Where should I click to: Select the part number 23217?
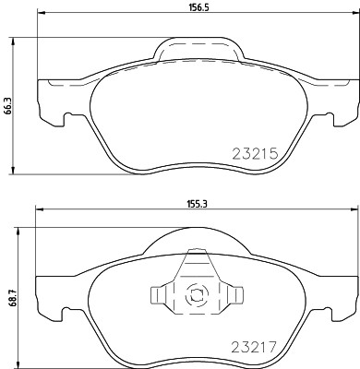click(255, 350)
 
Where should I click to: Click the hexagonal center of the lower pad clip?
click(195, 296)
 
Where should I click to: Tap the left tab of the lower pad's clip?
click(159, 294)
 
